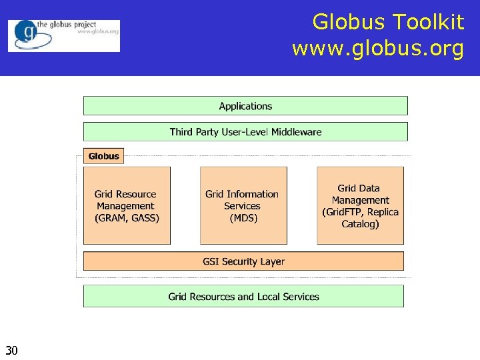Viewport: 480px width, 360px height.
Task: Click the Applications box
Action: [245, 106]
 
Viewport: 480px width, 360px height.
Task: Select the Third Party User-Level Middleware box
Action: [245, 132]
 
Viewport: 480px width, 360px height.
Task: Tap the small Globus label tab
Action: [103, 156]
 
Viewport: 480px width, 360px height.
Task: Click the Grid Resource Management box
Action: [127, 205]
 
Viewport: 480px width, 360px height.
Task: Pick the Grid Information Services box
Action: [243, 205]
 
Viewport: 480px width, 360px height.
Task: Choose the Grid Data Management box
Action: [360, 205]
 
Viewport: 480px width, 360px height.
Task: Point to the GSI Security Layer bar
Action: [243, 261]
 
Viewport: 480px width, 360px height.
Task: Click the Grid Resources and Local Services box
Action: [243, 297]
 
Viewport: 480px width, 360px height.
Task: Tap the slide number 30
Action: [11, 350]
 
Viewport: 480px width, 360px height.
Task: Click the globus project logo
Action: [64, 35]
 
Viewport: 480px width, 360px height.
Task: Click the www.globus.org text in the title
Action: [377, 49]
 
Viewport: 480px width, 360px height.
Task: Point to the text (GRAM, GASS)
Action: [127, 218]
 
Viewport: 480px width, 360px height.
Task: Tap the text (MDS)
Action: [243, 218]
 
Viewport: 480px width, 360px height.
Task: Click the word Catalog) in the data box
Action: [360, 224]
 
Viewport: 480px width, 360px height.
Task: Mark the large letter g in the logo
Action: [27, 32]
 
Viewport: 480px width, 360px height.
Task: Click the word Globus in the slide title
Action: [348, 23]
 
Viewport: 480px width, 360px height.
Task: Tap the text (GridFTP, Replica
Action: [360, 212]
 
